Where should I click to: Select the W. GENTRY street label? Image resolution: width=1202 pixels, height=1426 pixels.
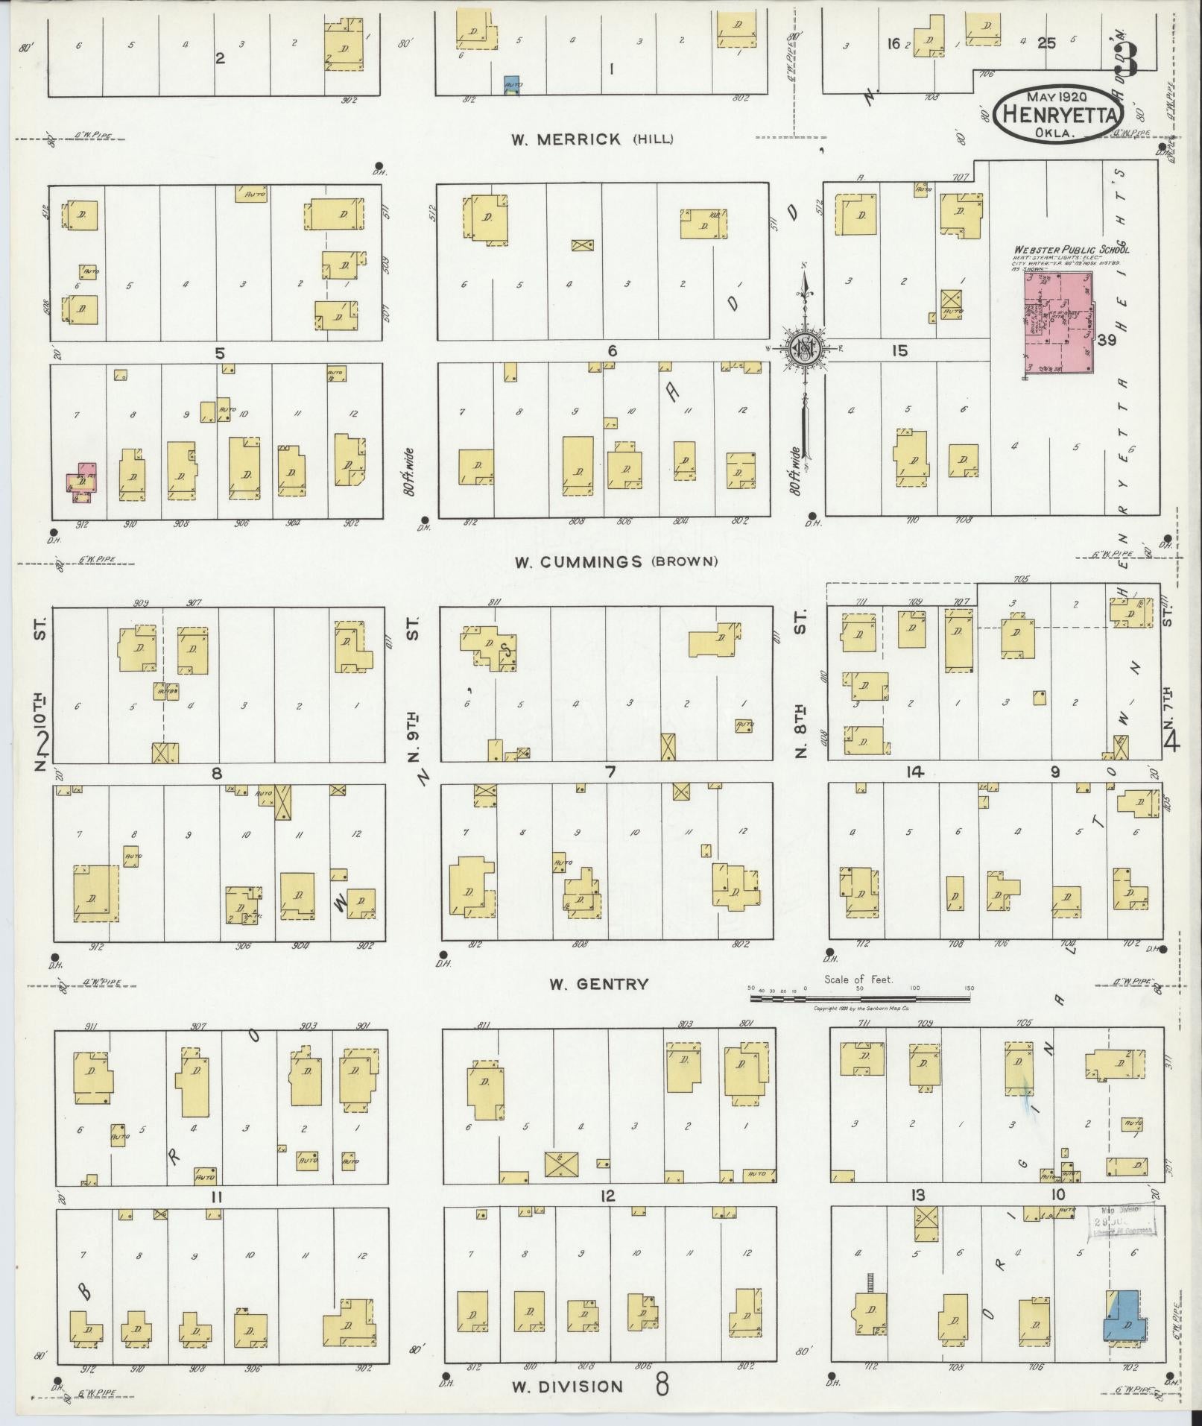click(598, 984)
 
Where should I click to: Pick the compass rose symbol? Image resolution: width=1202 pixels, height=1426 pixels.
click(805, 347)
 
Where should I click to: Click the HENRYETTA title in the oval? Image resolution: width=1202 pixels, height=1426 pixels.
click(1062, 115)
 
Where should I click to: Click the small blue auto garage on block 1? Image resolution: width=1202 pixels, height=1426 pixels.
click(511, 84)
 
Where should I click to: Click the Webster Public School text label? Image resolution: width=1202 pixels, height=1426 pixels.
click(1070, 250)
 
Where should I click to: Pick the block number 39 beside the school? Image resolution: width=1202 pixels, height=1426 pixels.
click(1106, 340)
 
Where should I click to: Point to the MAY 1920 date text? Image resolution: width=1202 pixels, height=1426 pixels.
click(1057, 96)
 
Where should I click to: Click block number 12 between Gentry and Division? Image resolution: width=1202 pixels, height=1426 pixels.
click(608, 1196)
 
